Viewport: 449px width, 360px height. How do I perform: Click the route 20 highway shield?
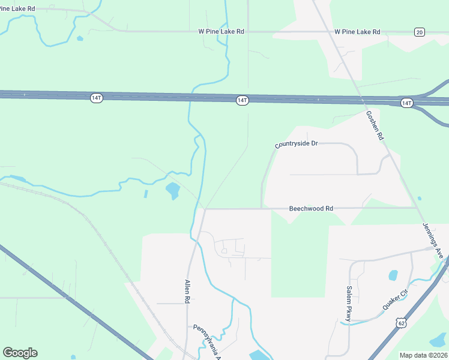tap(419, 32)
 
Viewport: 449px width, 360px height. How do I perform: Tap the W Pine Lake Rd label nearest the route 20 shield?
tap(357, 31)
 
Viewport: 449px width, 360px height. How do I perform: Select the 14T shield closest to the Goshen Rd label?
tap(406, 103)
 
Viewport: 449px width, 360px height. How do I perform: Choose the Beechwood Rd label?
tap(311, 209)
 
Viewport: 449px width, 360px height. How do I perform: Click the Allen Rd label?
tap(187, 292)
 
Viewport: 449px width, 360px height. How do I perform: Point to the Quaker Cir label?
tap(396, 300)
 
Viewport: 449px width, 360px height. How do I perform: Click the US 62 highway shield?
tap(400, 323)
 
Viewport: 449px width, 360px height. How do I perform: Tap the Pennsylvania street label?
tap(208, 339)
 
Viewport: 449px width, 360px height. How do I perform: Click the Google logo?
tap(20, 352)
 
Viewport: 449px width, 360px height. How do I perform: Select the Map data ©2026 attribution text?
tap(423, 355)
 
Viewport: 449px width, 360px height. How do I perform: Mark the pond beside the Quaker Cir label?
tap(393, 275)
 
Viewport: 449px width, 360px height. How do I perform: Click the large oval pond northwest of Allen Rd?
tap(172, 191)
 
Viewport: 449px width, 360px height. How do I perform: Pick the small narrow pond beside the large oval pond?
tap(145, 194)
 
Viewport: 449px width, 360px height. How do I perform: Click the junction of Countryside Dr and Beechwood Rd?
tap(262, 209)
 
